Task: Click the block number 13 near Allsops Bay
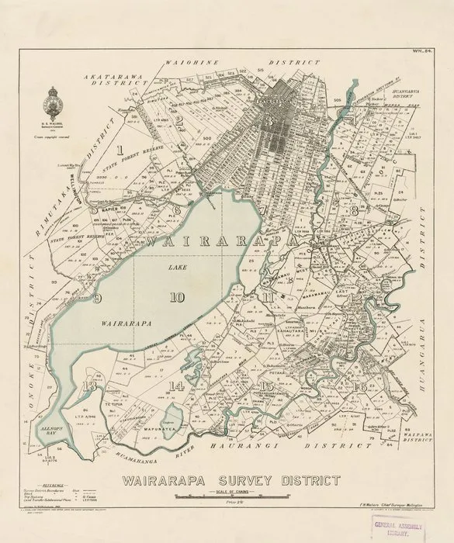[x=92, y=385]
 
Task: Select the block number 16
[x=359, y=386]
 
